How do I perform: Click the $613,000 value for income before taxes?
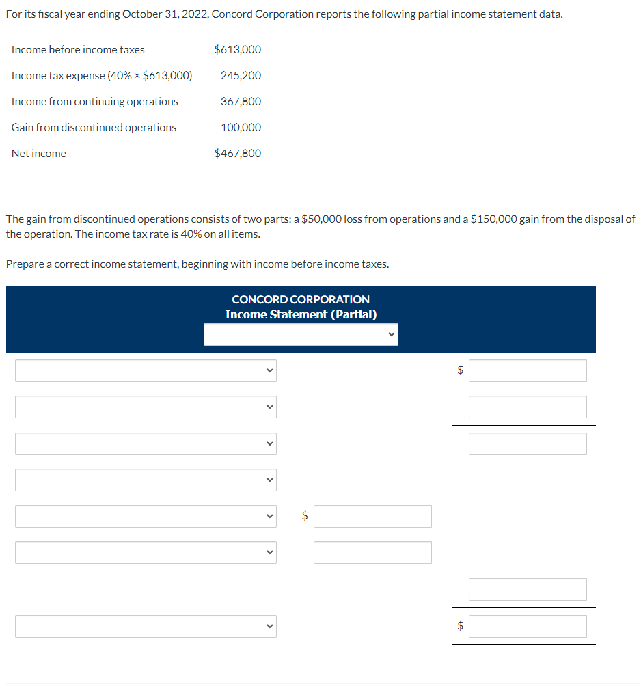237,50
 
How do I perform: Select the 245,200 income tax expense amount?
241,76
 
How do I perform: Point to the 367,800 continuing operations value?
241,102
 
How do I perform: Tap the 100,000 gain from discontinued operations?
241,128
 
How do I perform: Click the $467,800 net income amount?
237,154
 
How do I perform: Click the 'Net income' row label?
39,154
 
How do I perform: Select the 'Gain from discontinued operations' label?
94,128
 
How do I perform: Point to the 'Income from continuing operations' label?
94,102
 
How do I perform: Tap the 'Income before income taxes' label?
78,50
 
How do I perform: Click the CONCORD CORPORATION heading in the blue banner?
301,299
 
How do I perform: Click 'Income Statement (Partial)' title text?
301,314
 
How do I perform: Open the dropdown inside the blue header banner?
301,334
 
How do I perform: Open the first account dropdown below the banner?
146,370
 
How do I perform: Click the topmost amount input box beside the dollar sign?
528,370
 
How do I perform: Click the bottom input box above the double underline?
528,626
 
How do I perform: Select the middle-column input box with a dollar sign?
372,516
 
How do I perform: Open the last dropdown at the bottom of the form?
146,626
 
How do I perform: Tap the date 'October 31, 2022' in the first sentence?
165,14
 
